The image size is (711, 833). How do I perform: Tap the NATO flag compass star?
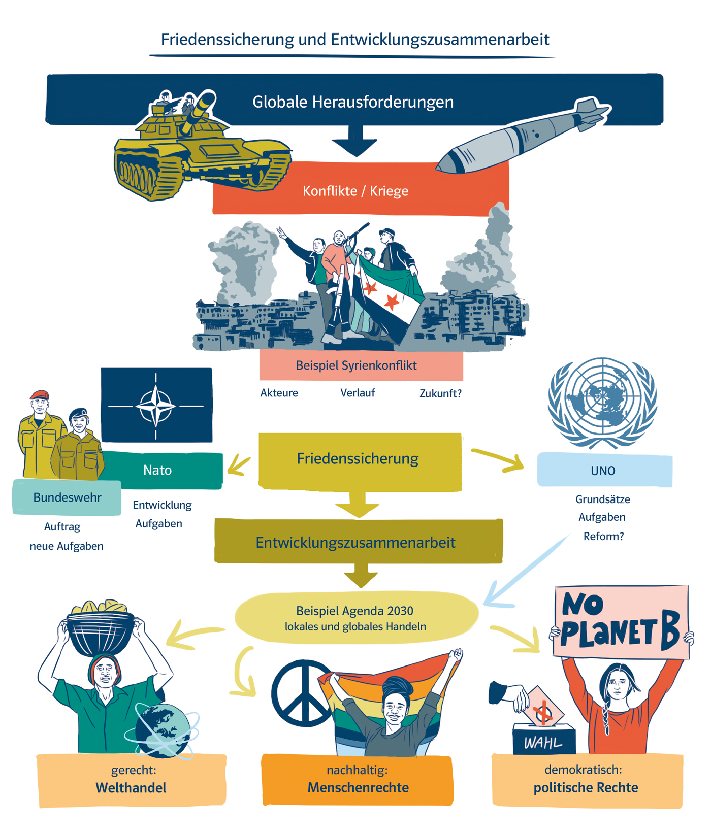[x=156, y=406]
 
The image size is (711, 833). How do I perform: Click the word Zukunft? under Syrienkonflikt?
[x=440, y=393]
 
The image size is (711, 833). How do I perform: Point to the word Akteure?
[x=279, y=393]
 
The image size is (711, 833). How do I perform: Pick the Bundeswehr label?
[x=67, y=497]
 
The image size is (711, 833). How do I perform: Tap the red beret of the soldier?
[x=40, y=394]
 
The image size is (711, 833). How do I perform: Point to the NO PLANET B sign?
[x=621, y=622]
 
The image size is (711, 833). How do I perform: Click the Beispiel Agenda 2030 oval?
[x=355, y=618]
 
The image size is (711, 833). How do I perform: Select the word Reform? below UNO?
[x=603, y=537]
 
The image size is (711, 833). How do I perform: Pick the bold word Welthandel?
[x=131, y=788]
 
